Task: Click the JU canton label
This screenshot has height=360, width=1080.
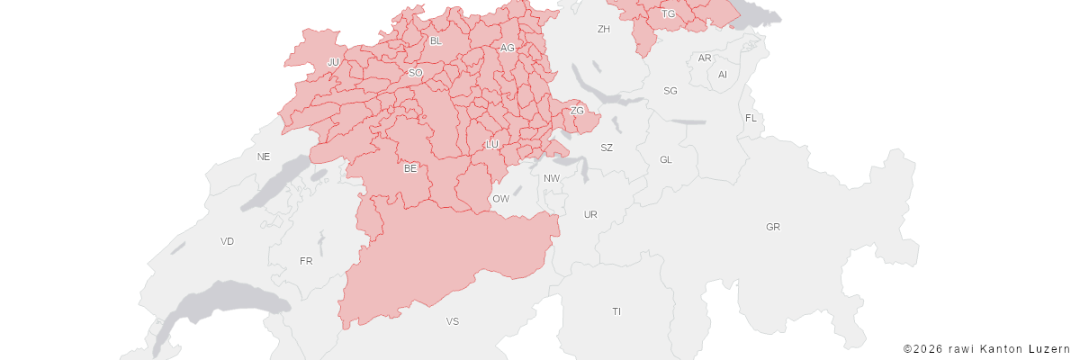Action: tap(333, 62)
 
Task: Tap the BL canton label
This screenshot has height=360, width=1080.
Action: tap(436, 41)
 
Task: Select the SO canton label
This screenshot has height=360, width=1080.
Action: tap(415, 73)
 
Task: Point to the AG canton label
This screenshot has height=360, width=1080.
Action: tap(508, 48)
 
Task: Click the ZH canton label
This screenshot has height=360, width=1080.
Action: tap(604, 30)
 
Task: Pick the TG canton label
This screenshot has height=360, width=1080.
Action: tap(669, 14)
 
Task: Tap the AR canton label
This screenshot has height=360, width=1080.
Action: tap(706, 58)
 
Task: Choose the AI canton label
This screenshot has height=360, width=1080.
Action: tap(723, 75)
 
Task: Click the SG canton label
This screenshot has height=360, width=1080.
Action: tap(670, 91)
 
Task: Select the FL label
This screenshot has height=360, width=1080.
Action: tap(751, 119)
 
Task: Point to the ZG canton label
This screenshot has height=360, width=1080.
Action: tap(578, 112)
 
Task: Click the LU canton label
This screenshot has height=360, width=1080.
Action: tap(492, 145)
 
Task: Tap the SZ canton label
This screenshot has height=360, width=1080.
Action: tap(607, 148)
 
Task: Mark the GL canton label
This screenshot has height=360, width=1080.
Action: tap(666, 160)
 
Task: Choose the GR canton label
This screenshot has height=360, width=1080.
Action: tap(773, 227)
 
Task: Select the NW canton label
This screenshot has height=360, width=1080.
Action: tap(552, 178)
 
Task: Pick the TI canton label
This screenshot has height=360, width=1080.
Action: tap(616, 311)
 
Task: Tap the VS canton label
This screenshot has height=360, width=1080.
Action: tap(453, 321)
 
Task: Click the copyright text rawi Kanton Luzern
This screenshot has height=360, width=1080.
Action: tap(986, 348)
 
